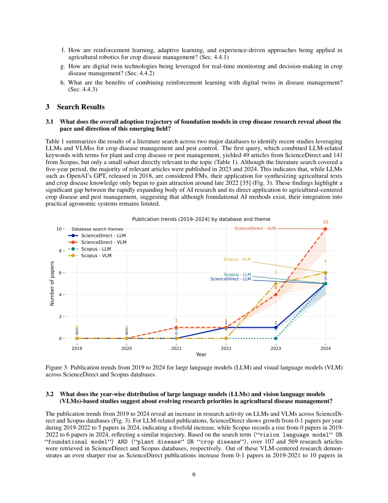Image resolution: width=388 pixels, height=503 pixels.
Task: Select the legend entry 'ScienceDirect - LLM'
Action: (x=103, y=236)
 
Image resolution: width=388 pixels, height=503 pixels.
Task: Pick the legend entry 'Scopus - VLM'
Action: (x=96, y=255)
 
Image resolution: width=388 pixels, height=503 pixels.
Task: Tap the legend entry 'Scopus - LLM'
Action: (x=96, y=249)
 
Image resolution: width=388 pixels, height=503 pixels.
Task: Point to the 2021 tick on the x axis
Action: (x=176, y=348)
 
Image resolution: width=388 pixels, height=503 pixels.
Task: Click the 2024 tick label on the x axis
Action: (x=325, y=348)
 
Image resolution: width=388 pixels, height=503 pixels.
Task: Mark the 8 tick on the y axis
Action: (x=60, y=251)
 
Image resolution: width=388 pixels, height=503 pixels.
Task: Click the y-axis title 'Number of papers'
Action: (x=52, y=284)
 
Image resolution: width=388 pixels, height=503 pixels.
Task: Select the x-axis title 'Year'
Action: (x=201, y=354)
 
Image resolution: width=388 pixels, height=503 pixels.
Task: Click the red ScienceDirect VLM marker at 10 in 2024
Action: (x=325, y=229)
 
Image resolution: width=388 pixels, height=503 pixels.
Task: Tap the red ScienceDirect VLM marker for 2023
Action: (x=276, y=295)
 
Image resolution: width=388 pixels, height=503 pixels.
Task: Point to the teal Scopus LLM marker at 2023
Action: (x=276, y=338)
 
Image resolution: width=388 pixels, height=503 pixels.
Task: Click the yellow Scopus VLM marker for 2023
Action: (x=276, y=284)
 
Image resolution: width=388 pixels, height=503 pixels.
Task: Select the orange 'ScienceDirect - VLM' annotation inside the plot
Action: (x=255, y=228)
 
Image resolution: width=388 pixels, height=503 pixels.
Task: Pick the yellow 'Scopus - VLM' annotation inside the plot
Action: (x=237, y=259)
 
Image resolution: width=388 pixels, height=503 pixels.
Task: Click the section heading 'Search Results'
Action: (x=80, y=107)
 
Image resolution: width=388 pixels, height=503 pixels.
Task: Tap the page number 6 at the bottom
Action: (x=194, y=474)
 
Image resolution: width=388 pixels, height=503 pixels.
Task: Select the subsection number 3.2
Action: (x=50, y=394)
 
